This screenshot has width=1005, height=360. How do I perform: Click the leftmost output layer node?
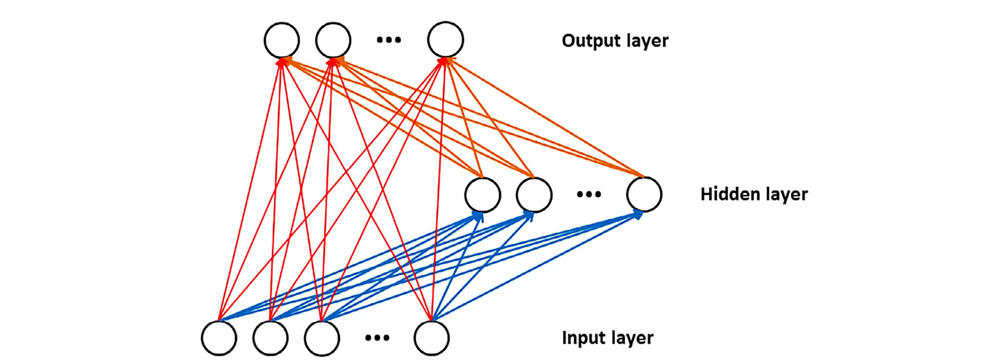click(282, 40)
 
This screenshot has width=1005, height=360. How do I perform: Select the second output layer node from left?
click(333, 40)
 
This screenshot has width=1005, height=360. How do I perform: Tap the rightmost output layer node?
click(445, 40)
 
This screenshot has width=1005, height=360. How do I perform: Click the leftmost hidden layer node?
click(482, 195)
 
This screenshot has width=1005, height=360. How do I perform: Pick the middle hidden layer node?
click(534, 195)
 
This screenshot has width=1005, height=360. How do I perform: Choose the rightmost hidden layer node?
click(644, 194)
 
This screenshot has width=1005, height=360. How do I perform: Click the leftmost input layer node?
click(219, 338)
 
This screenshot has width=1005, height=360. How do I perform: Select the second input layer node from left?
click(271, 338)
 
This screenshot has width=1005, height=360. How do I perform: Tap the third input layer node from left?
click(322, 338)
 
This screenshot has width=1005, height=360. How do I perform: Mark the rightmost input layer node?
click(432, 338)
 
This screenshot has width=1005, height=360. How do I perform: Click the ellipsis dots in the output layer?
click(389, 40)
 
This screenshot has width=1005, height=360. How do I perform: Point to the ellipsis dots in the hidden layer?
click(589, 194)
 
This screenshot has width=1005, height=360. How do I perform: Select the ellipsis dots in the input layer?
click(377, 338)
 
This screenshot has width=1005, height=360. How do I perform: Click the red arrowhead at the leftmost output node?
click(281, 61)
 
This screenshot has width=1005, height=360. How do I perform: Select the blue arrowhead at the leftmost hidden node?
click(479, 216)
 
